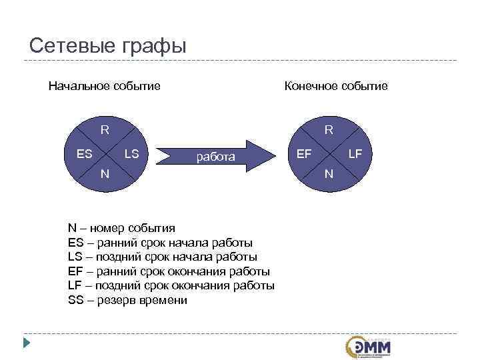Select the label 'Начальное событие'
104,86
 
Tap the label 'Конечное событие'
335,86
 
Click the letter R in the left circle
105,129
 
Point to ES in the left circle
85,154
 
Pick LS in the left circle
131,154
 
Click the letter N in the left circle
105,174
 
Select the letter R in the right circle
329,129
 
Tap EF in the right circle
304,154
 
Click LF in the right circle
355,154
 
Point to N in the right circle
329,174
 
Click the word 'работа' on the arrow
215,157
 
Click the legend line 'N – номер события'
121,227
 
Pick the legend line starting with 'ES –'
160,242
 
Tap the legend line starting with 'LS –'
162,257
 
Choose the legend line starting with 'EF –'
169,271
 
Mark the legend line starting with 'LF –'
171,285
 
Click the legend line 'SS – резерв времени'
127,300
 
